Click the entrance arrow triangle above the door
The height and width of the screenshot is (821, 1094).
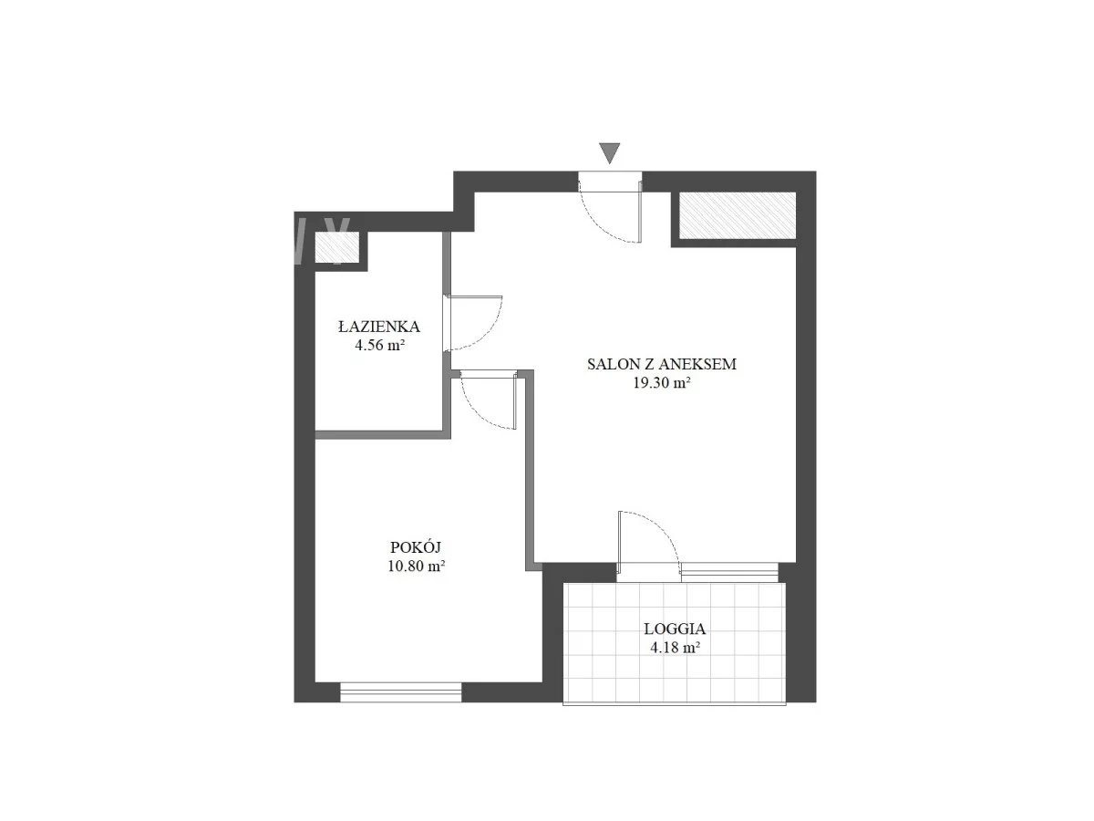pyautogui.click(x=609, y=152)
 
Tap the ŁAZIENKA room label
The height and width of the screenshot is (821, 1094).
pyautogui.click(x=378, y=327)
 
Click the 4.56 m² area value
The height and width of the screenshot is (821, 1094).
pyautogui.click(x=379, y=345)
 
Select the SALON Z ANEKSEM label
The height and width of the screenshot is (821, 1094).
pyautogui.click(x=661, y=364)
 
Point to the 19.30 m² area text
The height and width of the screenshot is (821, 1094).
pyautogui.click(x=661, y=382)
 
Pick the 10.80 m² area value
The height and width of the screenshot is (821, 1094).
pyautogui.click(x=416, y=566)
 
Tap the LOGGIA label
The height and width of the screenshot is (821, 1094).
pyautogui.click(x=675, y=629)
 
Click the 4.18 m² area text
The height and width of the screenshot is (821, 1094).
pyautogui.click(x=675, y=647)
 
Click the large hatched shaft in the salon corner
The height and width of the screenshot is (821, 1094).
pyautogui.click(x=738, y=215)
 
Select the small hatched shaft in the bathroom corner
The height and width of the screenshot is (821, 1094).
pyautogui.click(x=336, y=247)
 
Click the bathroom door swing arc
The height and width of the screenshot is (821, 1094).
pyautogui.click(x=490, y=333)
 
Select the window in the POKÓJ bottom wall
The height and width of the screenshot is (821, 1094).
pyautogui.click(x=401, y=692)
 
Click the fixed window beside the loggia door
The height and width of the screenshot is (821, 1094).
pyautogui.click(x=729, y=572)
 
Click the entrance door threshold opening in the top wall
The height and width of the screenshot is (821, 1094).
pyautogui.click(x=610, y=182)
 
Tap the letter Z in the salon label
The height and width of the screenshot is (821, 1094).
pyautogui.click(x=648, y=364)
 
